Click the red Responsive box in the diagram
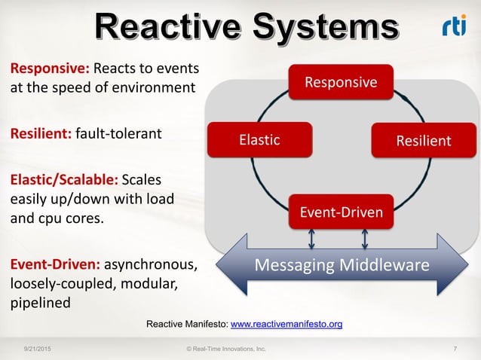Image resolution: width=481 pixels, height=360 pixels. coord(341,82)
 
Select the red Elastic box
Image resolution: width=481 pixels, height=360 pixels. coord(259,139)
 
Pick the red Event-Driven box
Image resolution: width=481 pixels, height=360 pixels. coord(341,212)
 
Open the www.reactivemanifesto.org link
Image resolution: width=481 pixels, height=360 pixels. coord(286,325)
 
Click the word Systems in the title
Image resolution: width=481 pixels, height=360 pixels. coord(326,28)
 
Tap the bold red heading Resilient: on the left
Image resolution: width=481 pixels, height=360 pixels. coord(41,134)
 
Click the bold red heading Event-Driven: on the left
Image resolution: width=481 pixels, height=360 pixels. coord(54,265)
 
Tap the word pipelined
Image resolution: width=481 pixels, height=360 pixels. coord(40,303)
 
